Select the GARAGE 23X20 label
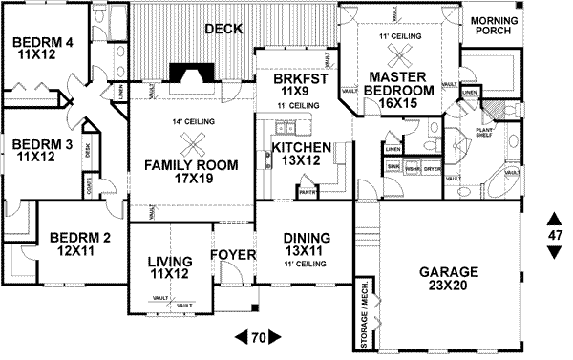tap(448, 278)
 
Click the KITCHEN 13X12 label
tap(302, 156)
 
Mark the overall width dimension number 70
tap(257, 337)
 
